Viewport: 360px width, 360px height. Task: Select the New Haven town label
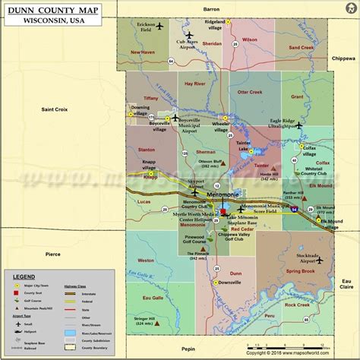pos(143,52)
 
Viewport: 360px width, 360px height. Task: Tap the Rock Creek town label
pos(297,305)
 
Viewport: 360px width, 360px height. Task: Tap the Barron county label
pos(210,8)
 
